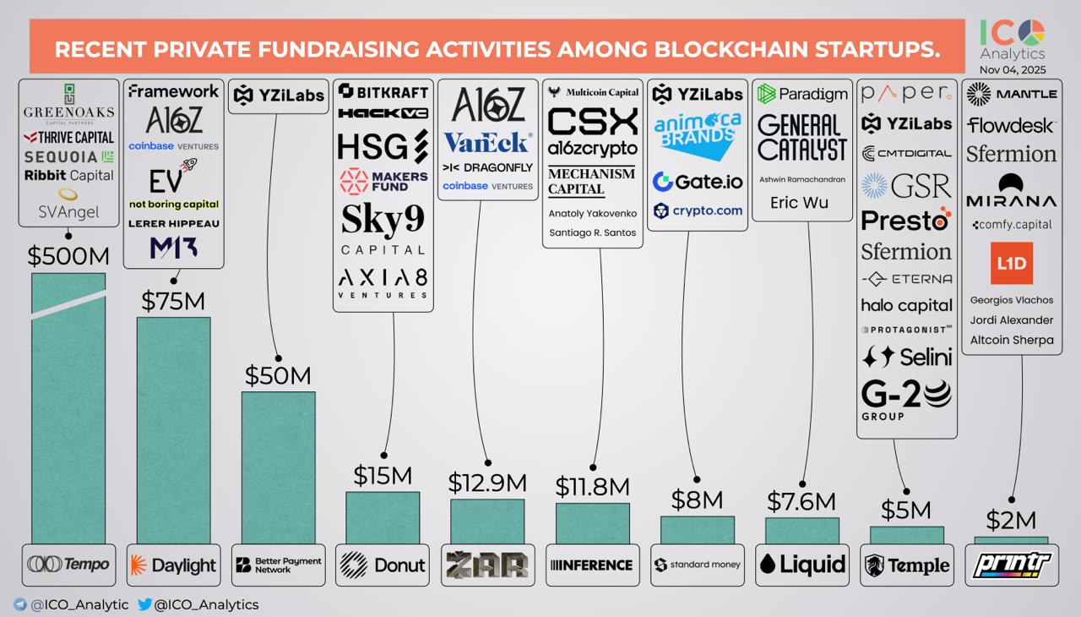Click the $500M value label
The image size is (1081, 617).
(68, 257)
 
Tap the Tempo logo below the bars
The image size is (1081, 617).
(68, 565)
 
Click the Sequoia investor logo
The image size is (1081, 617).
(68, 156)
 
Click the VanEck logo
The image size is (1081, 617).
(487, 142)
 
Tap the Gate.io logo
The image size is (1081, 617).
(697, 182)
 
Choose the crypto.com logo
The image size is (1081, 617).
(697, 210)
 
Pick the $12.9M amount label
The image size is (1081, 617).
(487, 483)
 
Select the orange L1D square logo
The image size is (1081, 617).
(1011, 264)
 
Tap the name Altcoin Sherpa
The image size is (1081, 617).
(1011, 340)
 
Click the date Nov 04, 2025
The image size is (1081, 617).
(1012, 69)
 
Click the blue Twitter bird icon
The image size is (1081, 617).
(144, 604)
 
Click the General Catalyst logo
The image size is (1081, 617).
(801, 138)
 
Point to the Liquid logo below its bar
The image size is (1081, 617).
(801, 565)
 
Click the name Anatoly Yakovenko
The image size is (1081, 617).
(592, 214)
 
